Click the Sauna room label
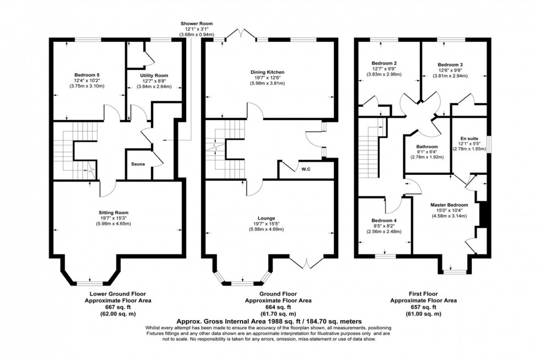coord(138,164)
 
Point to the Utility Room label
coord(154,75)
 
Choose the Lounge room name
coord(269,218)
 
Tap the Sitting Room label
coord(117,212)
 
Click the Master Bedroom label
coord(450,205)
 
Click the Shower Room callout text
coord(196,24)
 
